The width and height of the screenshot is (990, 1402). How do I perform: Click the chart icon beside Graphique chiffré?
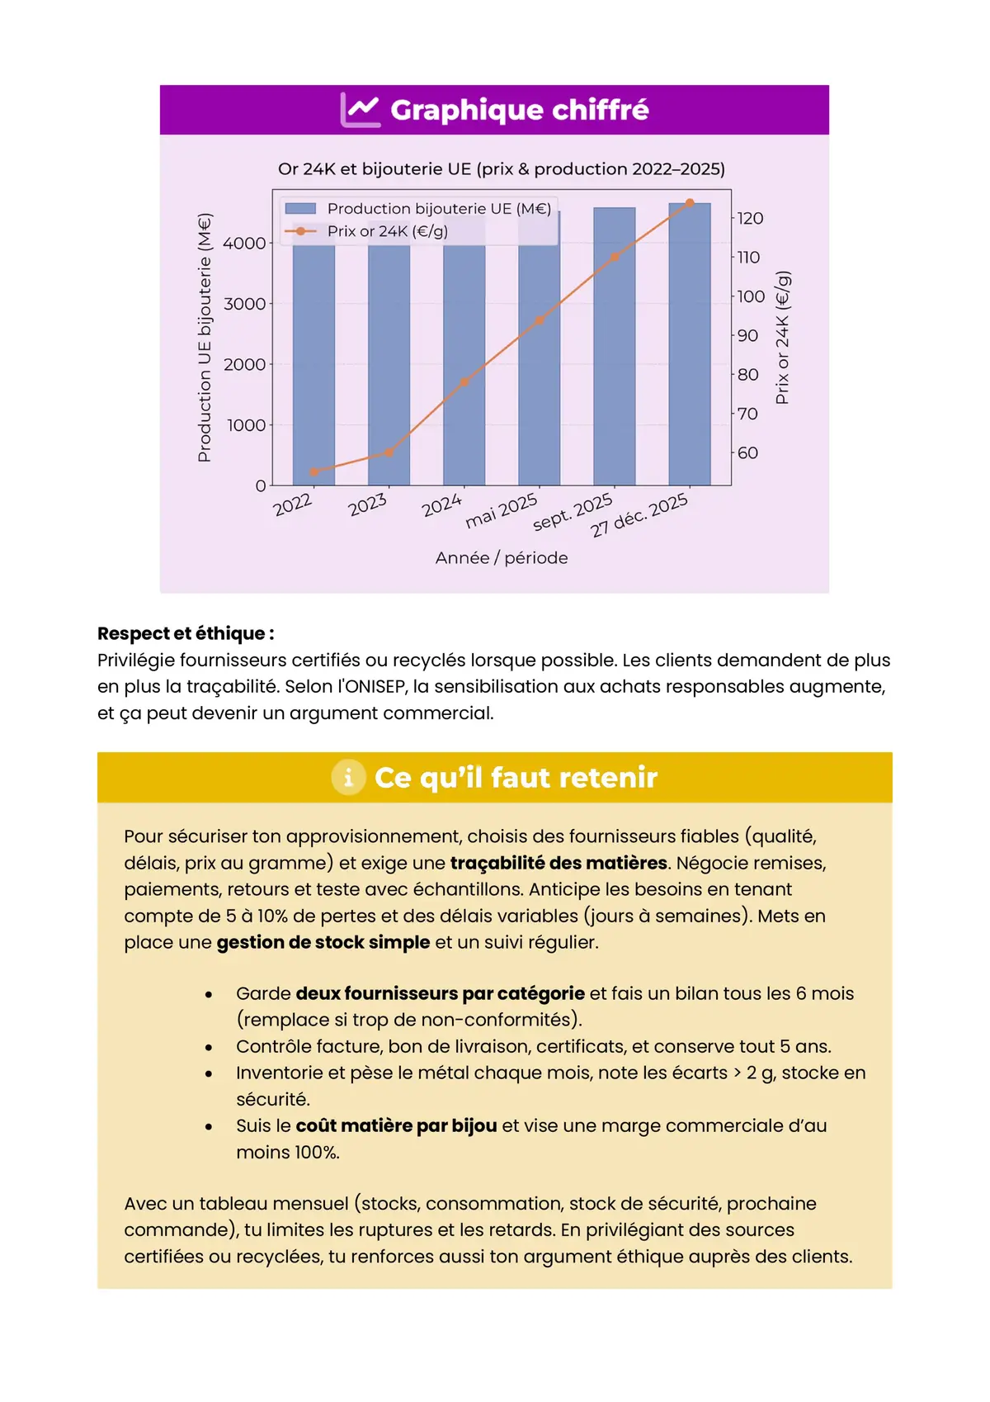tap(361, 110)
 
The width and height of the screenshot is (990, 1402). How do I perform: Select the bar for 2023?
tap(389, 363)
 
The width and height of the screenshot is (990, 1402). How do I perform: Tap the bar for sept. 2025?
tap(615, 347)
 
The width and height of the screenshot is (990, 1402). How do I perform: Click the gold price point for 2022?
tap(313, 472)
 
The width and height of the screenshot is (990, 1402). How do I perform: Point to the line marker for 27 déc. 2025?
tap(690, 203)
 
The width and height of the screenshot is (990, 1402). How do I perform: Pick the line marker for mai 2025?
tap(540, 320)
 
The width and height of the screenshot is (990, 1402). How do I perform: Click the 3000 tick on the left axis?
tap(245, 304)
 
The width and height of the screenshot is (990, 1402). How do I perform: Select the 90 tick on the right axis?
tap(747, 335)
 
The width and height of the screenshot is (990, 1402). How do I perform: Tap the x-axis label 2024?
tap(441, 504)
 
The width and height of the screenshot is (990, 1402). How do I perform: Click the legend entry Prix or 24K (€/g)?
tap(387, 231)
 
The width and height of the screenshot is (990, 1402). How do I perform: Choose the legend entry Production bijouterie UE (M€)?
tap(438, 209)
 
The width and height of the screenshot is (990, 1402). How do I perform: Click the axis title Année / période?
tap(502, 558)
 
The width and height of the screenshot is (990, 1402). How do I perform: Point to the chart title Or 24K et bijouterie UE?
tap(502, 169)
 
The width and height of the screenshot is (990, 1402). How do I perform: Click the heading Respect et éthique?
tap(186, 633)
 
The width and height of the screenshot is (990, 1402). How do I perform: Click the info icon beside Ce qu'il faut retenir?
tap(348, 777)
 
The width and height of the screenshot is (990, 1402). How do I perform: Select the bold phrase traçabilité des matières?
tap(559, 863)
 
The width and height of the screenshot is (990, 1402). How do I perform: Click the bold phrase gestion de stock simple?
tap(323, 942)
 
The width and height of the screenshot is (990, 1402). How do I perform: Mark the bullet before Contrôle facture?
tap(209, 1047)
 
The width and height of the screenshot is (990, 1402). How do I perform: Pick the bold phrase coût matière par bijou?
tap(396, 1125)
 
